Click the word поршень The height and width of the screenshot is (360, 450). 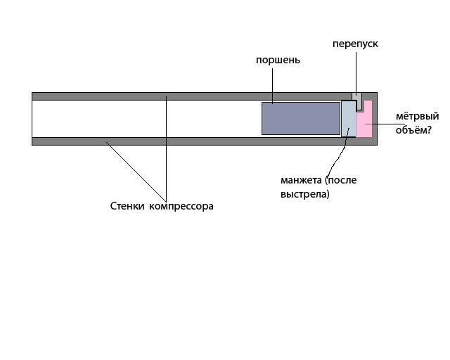[x=278, y=60]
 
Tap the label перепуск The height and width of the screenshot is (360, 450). [x=355, y=44]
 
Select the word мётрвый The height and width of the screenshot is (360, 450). [x=417, y=116]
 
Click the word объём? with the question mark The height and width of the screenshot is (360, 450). [x=413, y=130]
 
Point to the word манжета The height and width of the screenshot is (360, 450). [x=301, y=180]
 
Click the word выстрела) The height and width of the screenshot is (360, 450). [x=305, y=194]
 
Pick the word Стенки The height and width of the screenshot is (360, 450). [x=127, y=206]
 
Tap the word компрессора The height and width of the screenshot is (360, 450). [x=181, y=207]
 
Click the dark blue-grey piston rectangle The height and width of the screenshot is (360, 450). [x=301, y=118]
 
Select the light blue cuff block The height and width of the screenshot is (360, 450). [x=349, y=119]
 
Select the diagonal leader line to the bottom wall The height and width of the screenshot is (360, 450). [x=136, y=172]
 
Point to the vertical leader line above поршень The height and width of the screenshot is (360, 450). [x=272, y=86]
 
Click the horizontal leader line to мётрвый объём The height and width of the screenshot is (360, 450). [x=380, y=124]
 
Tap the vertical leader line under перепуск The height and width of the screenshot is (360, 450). [x=356, y=74]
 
